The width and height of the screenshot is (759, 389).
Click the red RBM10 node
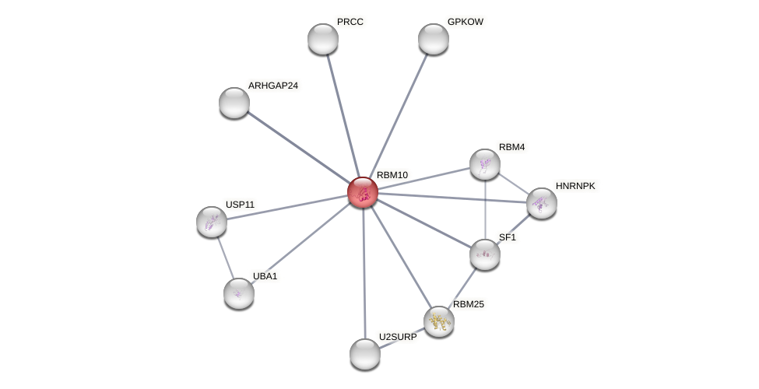point(363,192)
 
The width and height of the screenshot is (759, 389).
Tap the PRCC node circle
point(323,39)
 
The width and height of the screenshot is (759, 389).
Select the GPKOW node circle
point(434,39)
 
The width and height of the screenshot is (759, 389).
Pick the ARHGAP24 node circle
point(234,103)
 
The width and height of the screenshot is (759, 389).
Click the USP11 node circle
point(212,222)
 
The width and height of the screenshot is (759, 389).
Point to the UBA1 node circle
point(239,293)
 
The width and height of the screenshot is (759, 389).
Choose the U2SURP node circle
point(365,354)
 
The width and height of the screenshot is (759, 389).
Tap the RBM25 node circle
point(439,321)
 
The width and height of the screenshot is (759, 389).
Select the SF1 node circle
point(485,254)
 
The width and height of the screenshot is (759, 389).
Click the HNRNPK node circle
point(542,203)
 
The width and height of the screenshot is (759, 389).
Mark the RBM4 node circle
point(485,164)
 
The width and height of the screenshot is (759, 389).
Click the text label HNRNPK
point(575,186)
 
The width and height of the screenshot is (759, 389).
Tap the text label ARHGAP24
point(273,86)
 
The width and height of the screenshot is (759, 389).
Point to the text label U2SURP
point(398,337)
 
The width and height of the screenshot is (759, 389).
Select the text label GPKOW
point(466,22)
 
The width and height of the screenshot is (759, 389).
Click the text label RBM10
point(392,175)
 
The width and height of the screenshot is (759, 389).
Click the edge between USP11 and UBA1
point(225,258)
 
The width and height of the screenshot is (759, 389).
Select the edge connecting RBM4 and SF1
point(485,209)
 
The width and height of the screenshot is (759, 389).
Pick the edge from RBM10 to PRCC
point(343,115)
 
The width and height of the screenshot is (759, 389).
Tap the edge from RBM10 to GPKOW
point(399,115)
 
